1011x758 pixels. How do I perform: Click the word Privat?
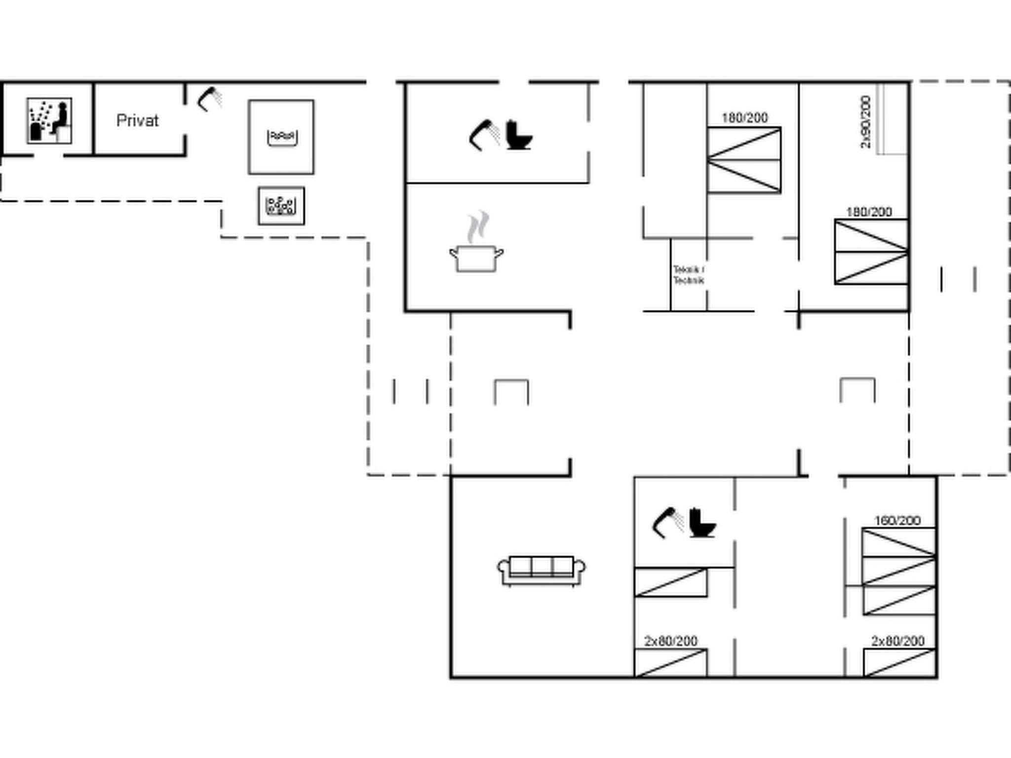pyautogui.click(x=137, y=121)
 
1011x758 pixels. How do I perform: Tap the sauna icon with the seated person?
pyautogui.click(x=49, y=121)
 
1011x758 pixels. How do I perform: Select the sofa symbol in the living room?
pyautogui.click(x=541, y=571)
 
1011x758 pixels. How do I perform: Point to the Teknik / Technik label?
pyautogui.click(x=689, y=275)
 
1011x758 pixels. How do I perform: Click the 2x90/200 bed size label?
pyautogui.click(x=865, y=122)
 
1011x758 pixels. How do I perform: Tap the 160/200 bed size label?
pyautogui.click(x=897, y=521)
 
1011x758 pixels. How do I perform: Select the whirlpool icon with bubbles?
pyautogui.click(x=281, y=206)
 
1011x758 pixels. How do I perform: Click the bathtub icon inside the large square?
pyautogui.click(x=282, y=137)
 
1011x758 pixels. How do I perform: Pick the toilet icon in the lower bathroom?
pyautogui.click(x=702, y=523)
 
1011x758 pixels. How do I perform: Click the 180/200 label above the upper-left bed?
pyautogui.click(x=744, y=118)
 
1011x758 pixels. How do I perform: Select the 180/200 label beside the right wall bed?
pyautogui.click(x=869, y=212)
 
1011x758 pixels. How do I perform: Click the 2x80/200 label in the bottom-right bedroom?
pyautogui.click(x=897, y=641)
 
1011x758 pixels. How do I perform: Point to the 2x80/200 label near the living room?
pyautogui.click(x=670, y=641)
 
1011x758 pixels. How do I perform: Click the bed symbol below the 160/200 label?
pyautogui.click(x=899, y=571)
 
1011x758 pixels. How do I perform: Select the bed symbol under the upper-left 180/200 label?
pyautogui.click(x=744, y=160)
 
